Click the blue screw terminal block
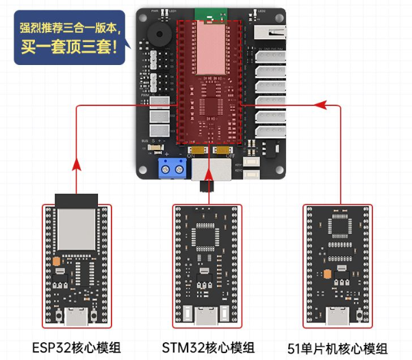172,166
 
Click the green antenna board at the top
209,14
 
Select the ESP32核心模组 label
73,347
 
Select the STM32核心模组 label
209,347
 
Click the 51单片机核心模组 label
338,348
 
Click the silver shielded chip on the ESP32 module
76,233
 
